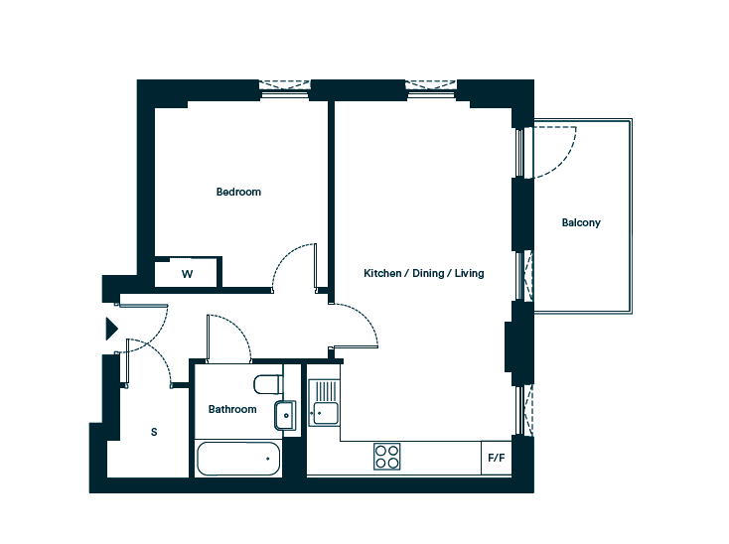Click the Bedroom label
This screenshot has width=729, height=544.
[x=238, y=192]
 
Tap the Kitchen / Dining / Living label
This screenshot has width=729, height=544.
[x=423, y=273]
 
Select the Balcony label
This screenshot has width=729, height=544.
[x=581, y=223]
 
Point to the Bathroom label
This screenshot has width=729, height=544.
[x=232, y=409]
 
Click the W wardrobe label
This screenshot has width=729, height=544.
[x=187, y=274]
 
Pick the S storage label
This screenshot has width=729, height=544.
[x=154, y=432]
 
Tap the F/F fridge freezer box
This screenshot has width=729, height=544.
[x=496, y=458]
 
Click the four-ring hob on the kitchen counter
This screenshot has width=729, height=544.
[x=386, y=457]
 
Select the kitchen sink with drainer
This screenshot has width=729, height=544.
[x=324, y=402]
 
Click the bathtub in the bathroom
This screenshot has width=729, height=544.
[x=238, y=459]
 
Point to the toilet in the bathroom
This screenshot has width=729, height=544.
[x=268, y=384]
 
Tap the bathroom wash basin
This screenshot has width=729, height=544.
[x=285, y=415]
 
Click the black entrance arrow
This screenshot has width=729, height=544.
[x=111, y=329]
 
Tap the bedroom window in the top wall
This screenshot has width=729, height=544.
[x=284, y=90]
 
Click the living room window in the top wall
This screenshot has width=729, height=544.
[x=431, y=90]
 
